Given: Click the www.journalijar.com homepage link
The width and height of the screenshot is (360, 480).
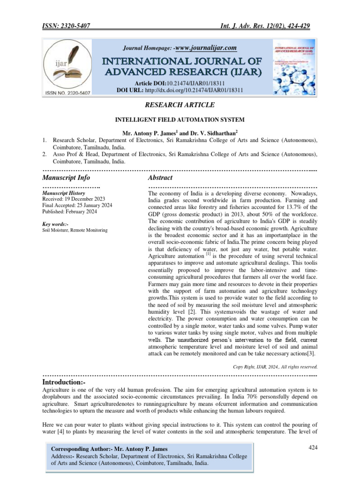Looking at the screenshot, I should click(205, 48).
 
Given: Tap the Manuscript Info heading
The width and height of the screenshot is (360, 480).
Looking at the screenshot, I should click(66, 178).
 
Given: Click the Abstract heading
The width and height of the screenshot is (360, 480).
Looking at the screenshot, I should click(160, 178).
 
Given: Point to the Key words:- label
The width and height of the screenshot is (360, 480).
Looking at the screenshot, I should click(56, 224).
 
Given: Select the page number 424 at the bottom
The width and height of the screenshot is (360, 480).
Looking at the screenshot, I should click(314, 448).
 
